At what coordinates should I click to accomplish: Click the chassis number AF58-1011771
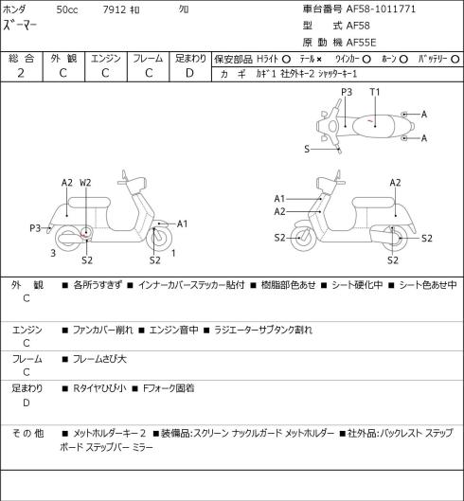click(x=381, y=9)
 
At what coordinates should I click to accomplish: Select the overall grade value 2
click(x=21, y=73)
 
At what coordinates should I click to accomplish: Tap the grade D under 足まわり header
click(x=189, y=73)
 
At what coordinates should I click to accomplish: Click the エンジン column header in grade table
click(x=106, y=59)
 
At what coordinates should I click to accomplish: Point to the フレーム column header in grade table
click(x=148, y=59)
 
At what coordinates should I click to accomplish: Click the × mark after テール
click(x=318, y=60)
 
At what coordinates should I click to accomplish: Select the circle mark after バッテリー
click(x=455, y=60)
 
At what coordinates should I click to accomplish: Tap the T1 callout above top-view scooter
click(x=375, y=92)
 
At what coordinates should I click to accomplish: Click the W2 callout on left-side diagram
click(x=85, y=183)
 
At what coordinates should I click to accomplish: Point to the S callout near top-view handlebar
click(x=307, y=149)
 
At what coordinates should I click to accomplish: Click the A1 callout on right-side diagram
click(x=279, y=199)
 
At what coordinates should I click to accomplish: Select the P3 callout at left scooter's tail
click(x=35, y=228)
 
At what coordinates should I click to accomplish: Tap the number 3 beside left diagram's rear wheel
click(x=53, y=253)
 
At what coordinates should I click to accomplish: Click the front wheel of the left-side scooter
click(x=159, y=239)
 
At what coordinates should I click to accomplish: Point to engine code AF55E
click(x=361, y=43)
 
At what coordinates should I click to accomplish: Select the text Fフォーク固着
click(x=169, y=388)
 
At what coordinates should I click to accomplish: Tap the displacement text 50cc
click(x=67, y=9)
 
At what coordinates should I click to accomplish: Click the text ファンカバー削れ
click(x=102, y=330)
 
